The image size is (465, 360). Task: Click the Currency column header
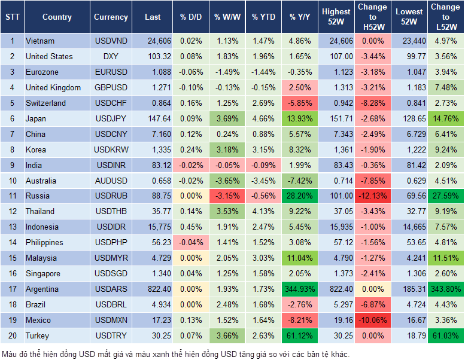tap(111, 17)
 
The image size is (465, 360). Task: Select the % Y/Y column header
tap(300, 17)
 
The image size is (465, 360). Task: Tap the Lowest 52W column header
tap(410, 17)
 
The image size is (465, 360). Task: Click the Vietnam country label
tap(40, 41)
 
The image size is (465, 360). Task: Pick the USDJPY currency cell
tap(111, 118)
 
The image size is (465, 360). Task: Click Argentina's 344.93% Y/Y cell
tap(300, 289)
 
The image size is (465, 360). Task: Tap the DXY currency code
tap(111, 57)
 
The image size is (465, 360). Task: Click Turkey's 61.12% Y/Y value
tap(300, 336)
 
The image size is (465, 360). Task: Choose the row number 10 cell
tap(11, 181)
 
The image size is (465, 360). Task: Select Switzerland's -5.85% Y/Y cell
tap(300, 103)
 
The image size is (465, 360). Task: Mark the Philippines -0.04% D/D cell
tap(191, 243)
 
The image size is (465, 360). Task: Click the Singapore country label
tap(43, 274)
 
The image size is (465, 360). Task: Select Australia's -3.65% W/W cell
tap(227, 181)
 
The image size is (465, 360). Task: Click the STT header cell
tap(11, 17)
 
